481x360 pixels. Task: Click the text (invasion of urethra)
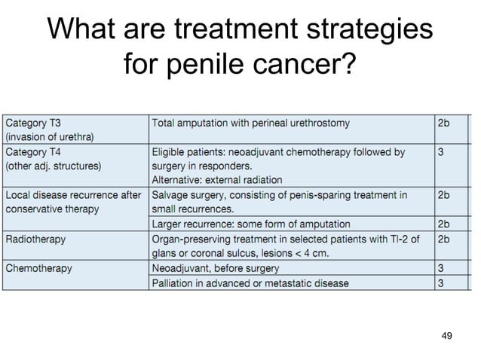pos(49,136)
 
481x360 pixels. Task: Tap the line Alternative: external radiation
pos(217,180)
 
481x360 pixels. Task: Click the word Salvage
pos(171,194)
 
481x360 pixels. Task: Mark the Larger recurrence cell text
pos(251,224)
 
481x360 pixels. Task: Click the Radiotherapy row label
pos(35,239)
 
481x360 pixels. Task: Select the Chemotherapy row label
pos(38,268)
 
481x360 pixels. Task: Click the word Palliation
pos(174,283)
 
